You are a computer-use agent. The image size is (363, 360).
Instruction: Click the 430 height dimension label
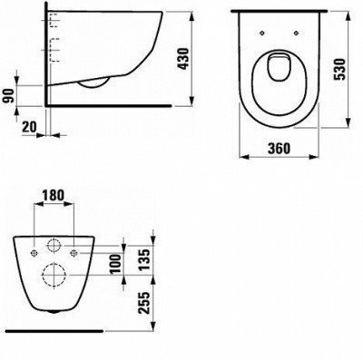point(184,59)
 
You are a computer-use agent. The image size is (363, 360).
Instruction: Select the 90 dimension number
point(10,96)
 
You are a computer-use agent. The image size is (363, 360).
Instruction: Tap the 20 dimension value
point(29,127)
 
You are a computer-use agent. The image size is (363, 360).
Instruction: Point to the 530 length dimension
point(339,69)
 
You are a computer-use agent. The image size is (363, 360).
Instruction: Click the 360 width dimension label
point(279,148)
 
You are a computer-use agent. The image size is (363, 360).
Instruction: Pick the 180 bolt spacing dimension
point(54,195)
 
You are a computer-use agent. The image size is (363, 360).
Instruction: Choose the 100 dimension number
point(115,264)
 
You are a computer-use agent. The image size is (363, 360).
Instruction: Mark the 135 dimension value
point(144,259)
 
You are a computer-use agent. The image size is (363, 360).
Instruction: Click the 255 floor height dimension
point(144,303)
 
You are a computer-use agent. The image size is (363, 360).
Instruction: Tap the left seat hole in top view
point(262,33)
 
